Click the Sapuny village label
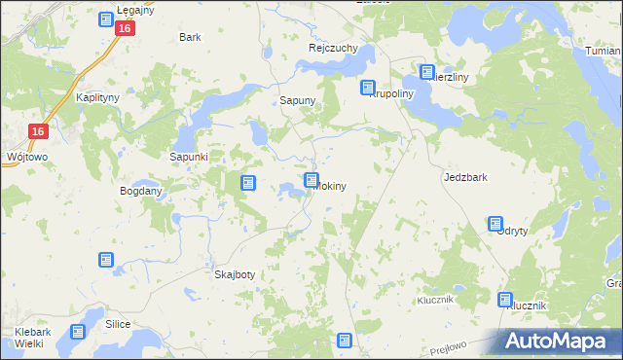(296, 100)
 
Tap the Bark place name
(190, 37)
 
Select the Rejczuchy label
(333, 48)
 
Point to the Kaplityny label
(97, 98)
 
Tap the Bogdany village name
(140, 191)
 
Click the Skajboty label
(234, 274)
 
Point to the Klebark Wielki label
(33, 339)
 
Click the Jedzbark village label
(464, 178)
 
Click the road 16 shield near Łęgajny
(124, 29)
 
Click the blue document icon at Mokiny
(311, 180)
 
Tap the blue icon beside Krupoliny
(369, 88)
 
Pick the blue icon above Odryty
(495, 224)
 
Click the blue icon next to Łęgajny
(106, 19)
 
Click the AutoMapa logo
(559, 342)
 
